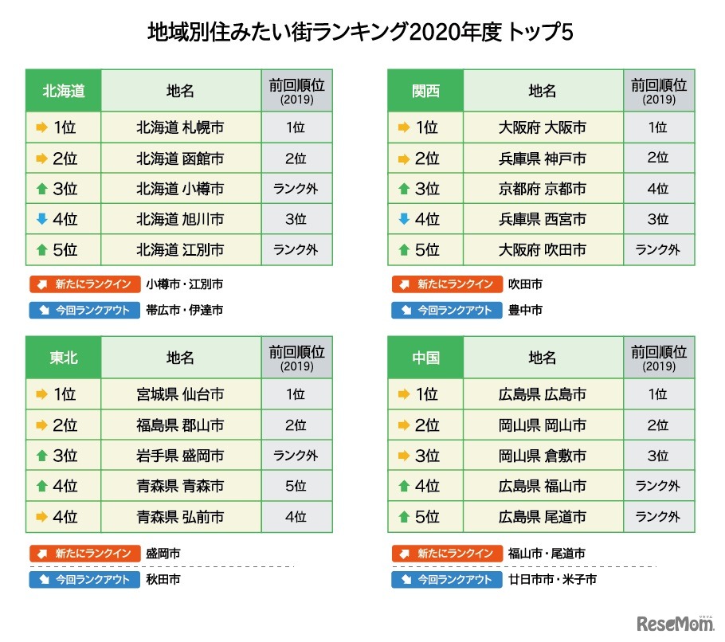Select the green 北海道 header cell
[x=64, y=91]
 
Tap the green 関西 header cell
[x=425, y=91]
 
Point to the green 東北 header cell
[x=64, y=358]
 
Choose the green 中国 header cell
[x=425, y=358]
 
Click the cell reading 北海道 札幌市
[x=180, y=127]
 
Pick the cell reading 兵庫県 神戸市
[x=542, y=159]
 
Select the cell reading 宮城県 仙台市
[x=180, y=394]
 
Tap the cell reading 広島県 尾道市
[x=542, y=517]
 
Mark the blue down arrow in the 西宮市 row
[x=403, y=219]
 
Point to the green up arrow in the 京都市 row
[x=403, y=189]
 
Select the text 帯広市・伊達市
[x=184, y=311]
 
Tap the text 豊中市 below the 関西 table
[x=525, y=311]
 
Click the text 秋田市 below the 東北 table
[x=163, y=579]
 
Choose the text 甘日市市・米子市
[x=552, y=579]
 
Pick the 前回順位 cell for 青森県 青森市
[x=296, y=486]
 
